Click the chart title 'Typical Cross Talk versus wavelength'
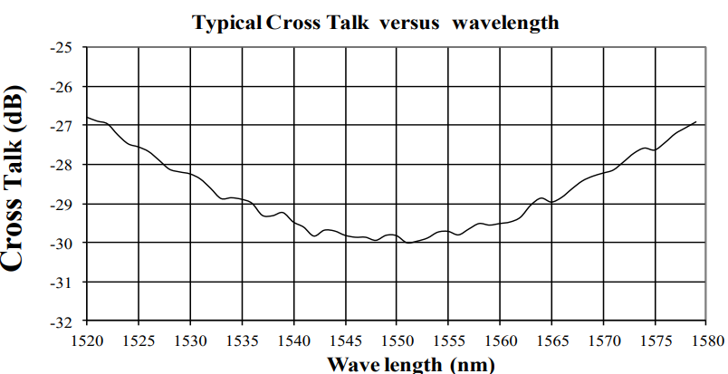tap(376, 22)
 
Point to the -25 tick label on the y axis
tap(64, 47)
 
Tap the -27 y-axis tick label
tap(64, 125)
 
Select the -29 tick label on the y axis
tap(64, 204)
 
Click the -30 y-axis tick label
tap(64, 243)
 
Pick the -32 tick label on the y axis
tap(64, 321)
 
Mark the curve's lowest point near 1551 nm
tap(408, 243)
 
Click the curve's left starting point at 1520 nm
tap(87, 118)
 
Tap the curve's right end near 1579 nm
tap(695, 121)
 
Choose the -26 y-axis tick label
tap(64, 86)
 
